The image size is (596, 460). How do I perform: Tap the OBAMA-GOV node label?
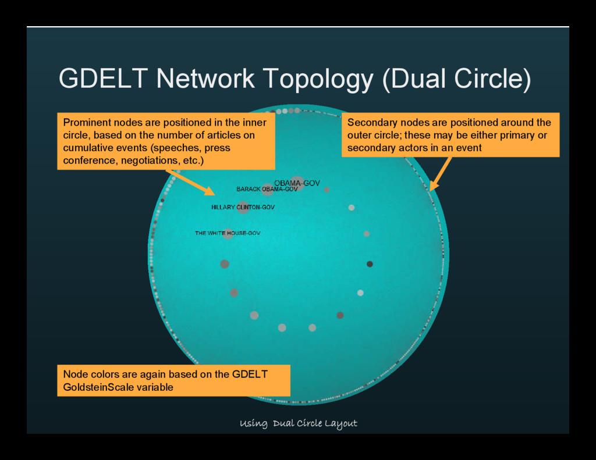[297, 183]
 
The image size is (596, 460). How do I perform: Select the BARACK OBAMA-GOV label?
[267, 189]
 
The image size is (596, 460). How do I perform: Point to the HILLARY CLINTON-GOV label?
[243, 207]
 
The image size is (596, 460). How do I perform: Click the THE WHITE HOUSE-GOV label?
[228, 233]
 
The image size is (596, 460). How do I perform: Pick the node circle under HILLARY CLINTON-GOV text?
[243, 208]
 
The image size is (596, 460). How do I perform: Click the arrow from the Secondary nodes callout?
[441, 173]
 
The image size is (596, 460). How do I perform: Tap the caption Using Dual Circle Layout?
[298, 423]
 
